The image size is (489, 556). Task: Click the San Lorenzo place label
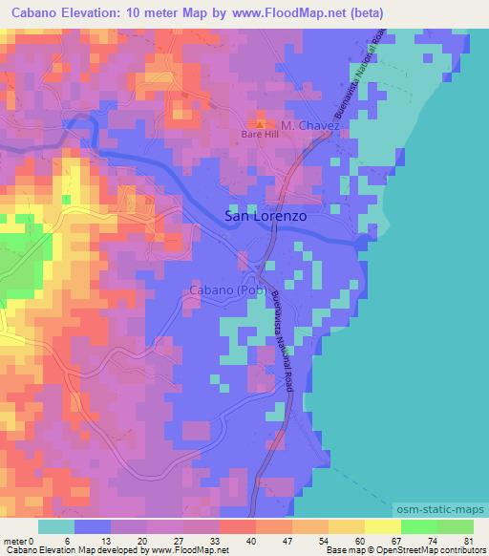265,217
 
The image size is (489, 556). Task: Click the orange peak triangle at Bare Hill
258,125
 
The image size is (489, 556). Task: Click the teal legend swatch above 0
56,526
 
